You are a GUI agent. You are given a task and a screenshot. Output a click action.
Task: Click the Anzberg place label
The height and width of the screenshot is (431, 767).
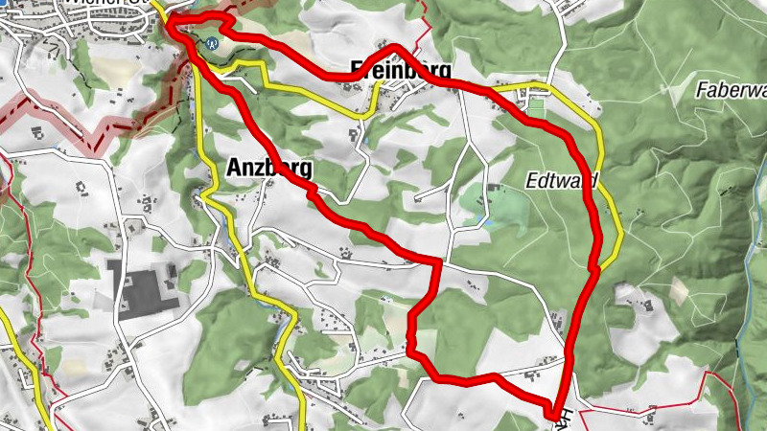pos(269,168)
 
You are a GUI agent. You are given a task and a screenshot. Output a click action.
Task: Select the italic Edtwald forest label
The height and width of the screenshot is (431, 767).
pos(562,180)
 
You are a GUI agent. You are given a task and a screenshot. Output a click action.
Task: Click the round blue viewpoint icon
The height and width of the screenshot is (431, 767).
pos(212,41)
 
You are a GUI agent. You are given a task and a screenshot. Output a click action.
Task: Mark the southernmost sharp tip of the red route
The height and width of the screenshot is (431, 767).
pos(554,415)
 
